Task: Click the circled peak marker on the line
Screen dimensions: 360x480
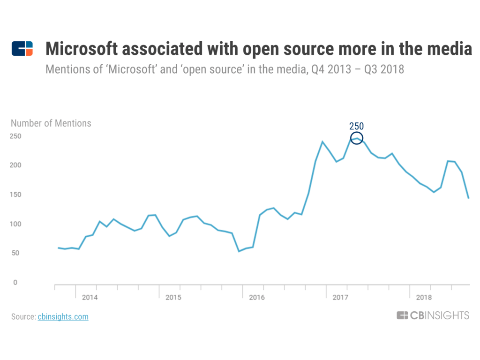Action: tap(357, 138)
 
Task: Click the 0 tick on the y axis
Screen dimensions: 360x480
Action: tap(15, 283)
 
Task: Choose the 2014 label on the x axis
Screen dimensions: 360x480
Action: tap(90, 297)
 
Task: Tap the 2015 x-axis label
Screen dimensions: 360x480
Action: tap(173, 297)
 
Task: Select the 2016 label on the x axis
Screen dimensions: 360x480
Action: tap(256, 297)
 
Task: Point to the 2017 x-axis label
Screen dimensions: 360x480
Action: tap(340, 297)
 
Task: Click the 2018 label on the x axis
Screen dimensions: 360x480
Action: tap(423, 297)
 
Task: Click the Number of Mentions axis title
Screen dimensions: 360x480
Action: tap(51, 124)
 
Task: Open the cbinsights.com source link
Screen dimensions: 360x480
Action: tap(63, 317)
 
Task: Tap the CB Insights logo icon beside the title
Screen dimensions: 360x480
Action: tap(22, 49)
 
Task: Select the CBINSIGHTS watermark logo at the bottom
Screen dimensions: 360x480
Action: tap(433, 315)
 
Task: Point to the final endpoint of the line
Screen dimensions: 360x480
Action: tap(468, 198)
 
